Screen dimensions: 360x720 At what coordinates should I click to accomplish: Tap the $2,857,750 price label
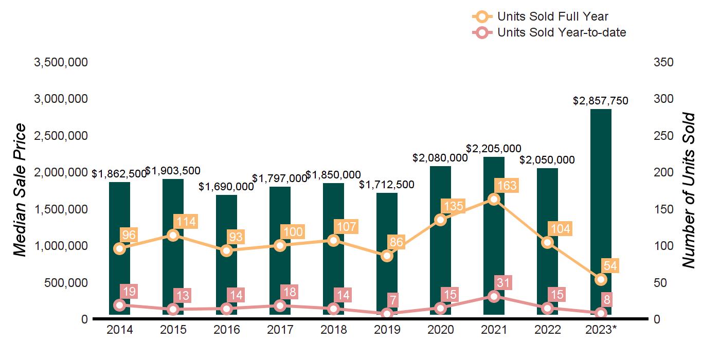[601, 101]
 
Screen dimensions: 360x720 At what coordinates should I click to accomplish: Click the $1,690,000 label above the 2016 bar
[226, 187]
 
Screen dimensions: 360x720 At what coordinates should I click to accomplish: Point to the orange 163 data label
[506, 185]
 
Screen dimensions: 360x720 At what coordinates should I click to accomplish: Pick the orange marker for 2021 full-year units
[494, 200]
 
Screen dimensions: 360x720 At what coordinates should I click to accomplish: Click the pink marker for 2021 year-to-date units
[494, 296]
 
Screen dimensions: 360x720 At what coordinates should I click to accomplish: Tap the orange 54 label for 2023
[611, 266]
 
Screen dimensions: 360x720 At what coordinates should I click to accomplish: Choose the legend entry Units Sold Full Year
[553, 17]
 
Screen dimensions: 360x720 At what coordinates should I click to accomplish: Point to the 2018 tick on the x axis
[333, 330]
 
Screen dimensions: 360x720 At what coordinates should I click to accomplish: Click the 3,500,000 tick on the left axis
[61, 62]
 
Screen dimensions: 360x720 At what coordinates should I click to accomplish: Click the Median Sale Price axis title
[20, 190]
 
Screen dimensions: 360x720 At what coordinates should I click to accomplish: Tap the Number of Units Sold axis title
[688, 190]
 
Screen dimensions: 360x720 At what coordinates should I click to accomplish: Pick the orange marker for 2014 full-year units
[119, 248]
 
